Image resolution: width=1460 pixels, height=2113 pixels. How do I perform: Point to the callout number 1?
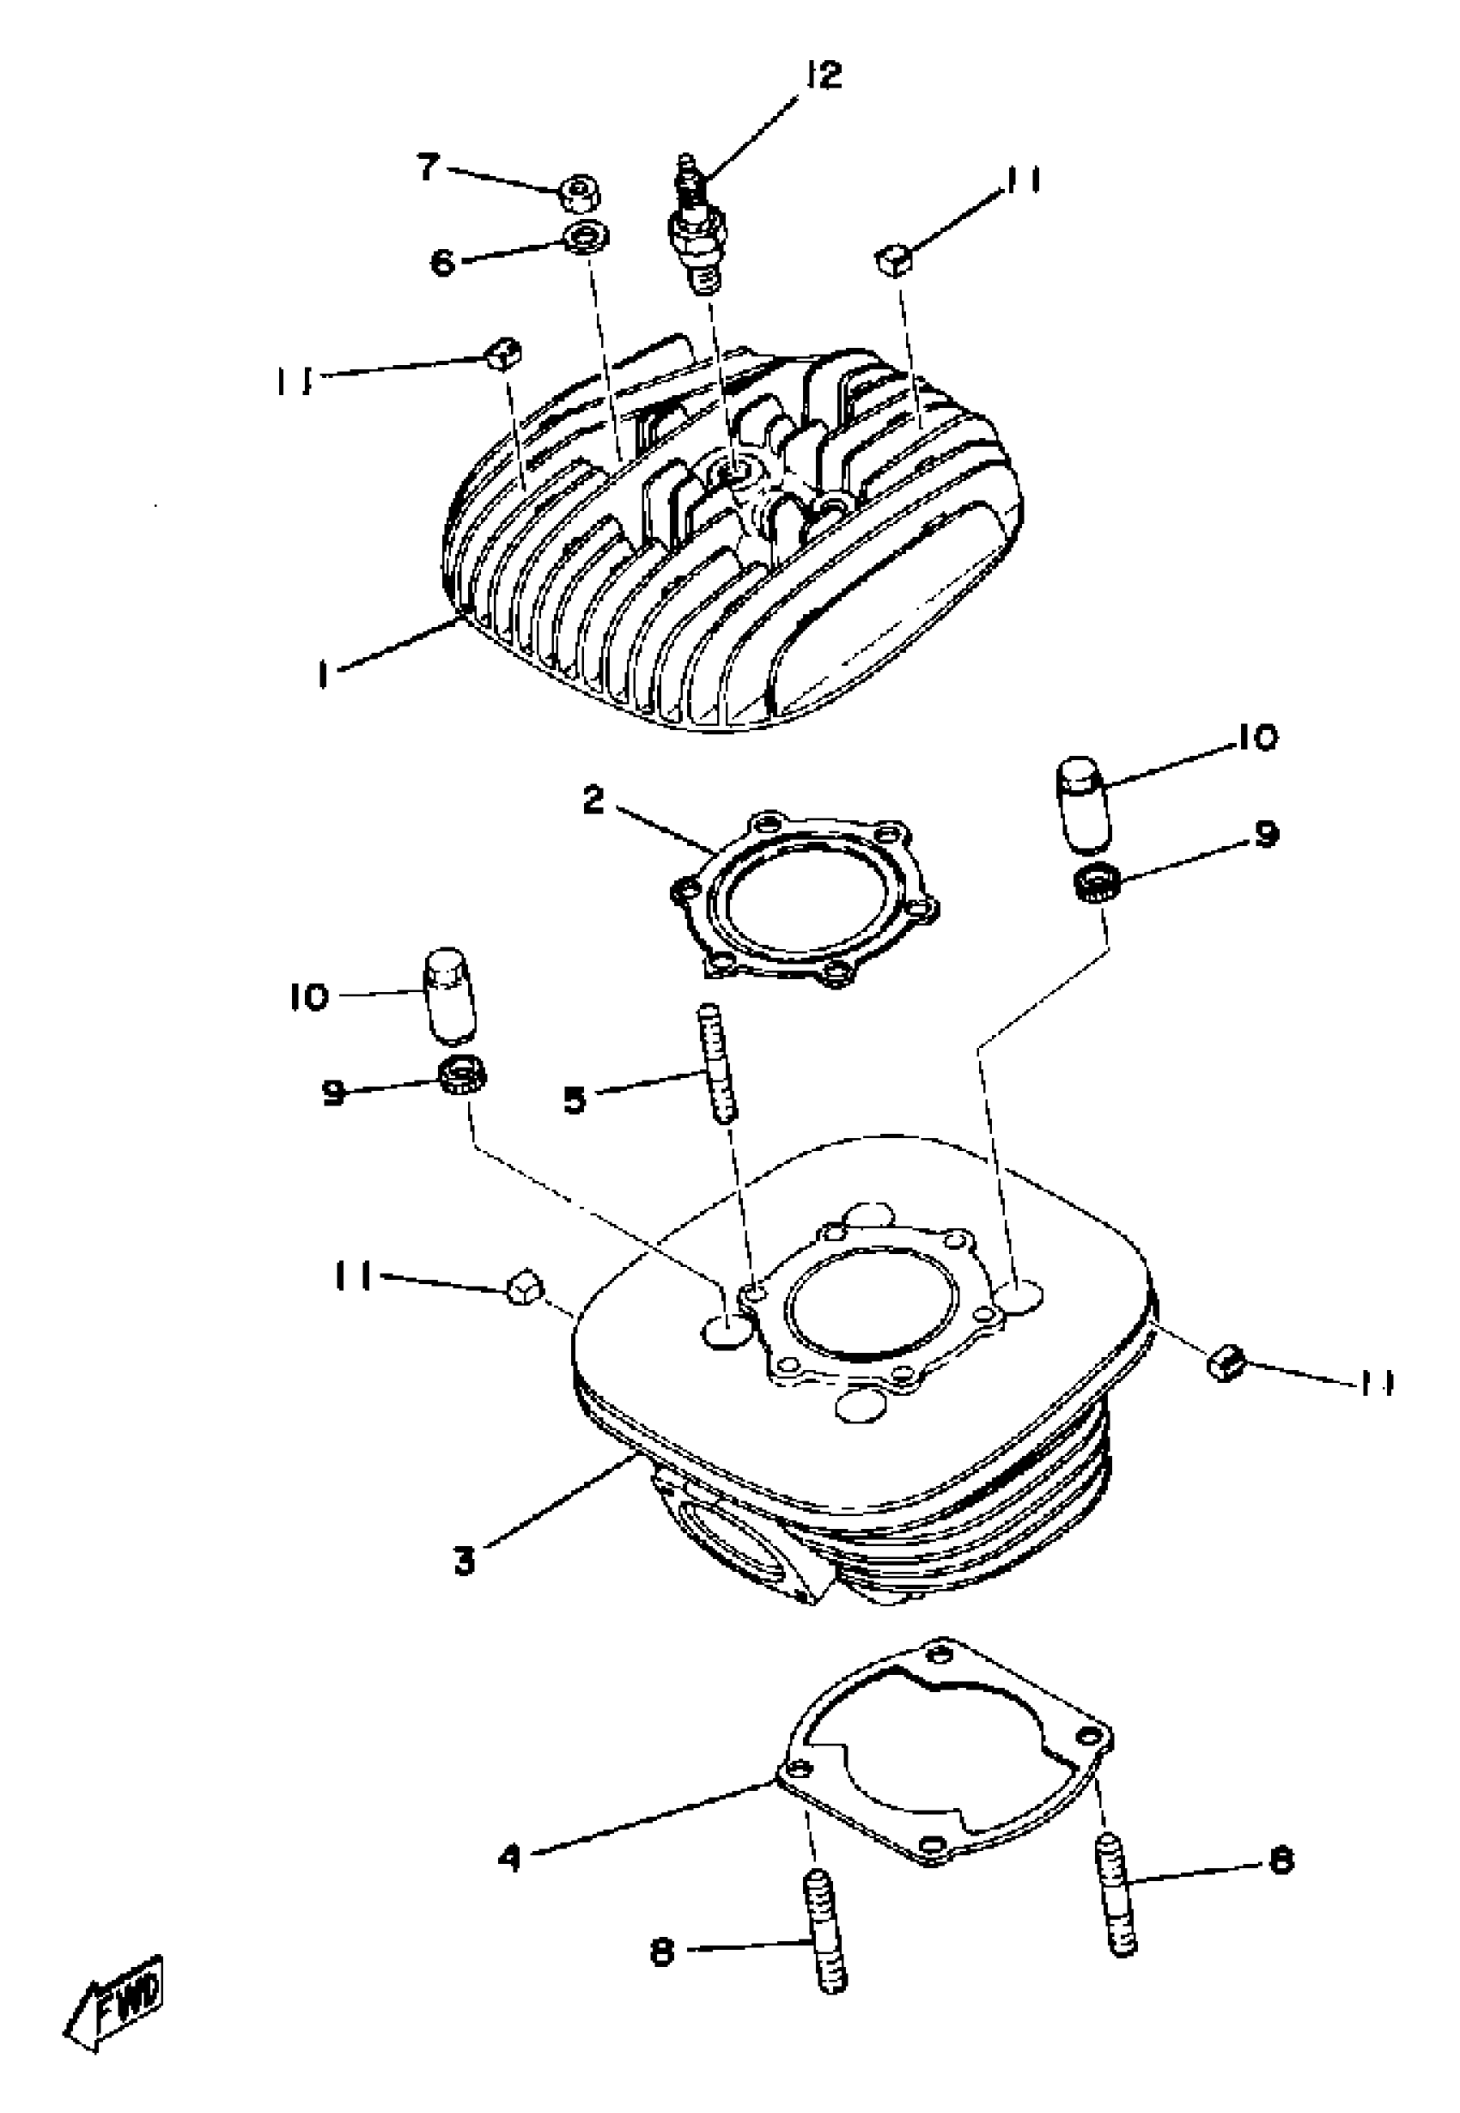pyautogui.click(x=323, y=675)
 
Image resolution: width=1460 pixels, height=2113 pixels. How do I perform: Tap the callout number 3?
pyautogui.click(x=465, y=1562)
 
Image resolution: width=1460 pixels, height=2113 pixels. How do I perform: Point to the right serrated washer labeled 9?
pyautogui.click(x=1093, y=883)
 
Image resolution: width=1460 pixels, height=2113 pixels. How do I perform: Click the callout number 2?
pyautogui.click(x=593, y=801)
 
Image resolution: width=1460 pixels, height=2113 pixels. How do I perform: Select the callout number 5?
pyautogui.click(x=575, y=1100)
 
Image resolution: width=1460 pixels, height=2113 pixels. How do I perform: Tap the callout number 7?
pyautogui.click(x=428, y=168)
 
